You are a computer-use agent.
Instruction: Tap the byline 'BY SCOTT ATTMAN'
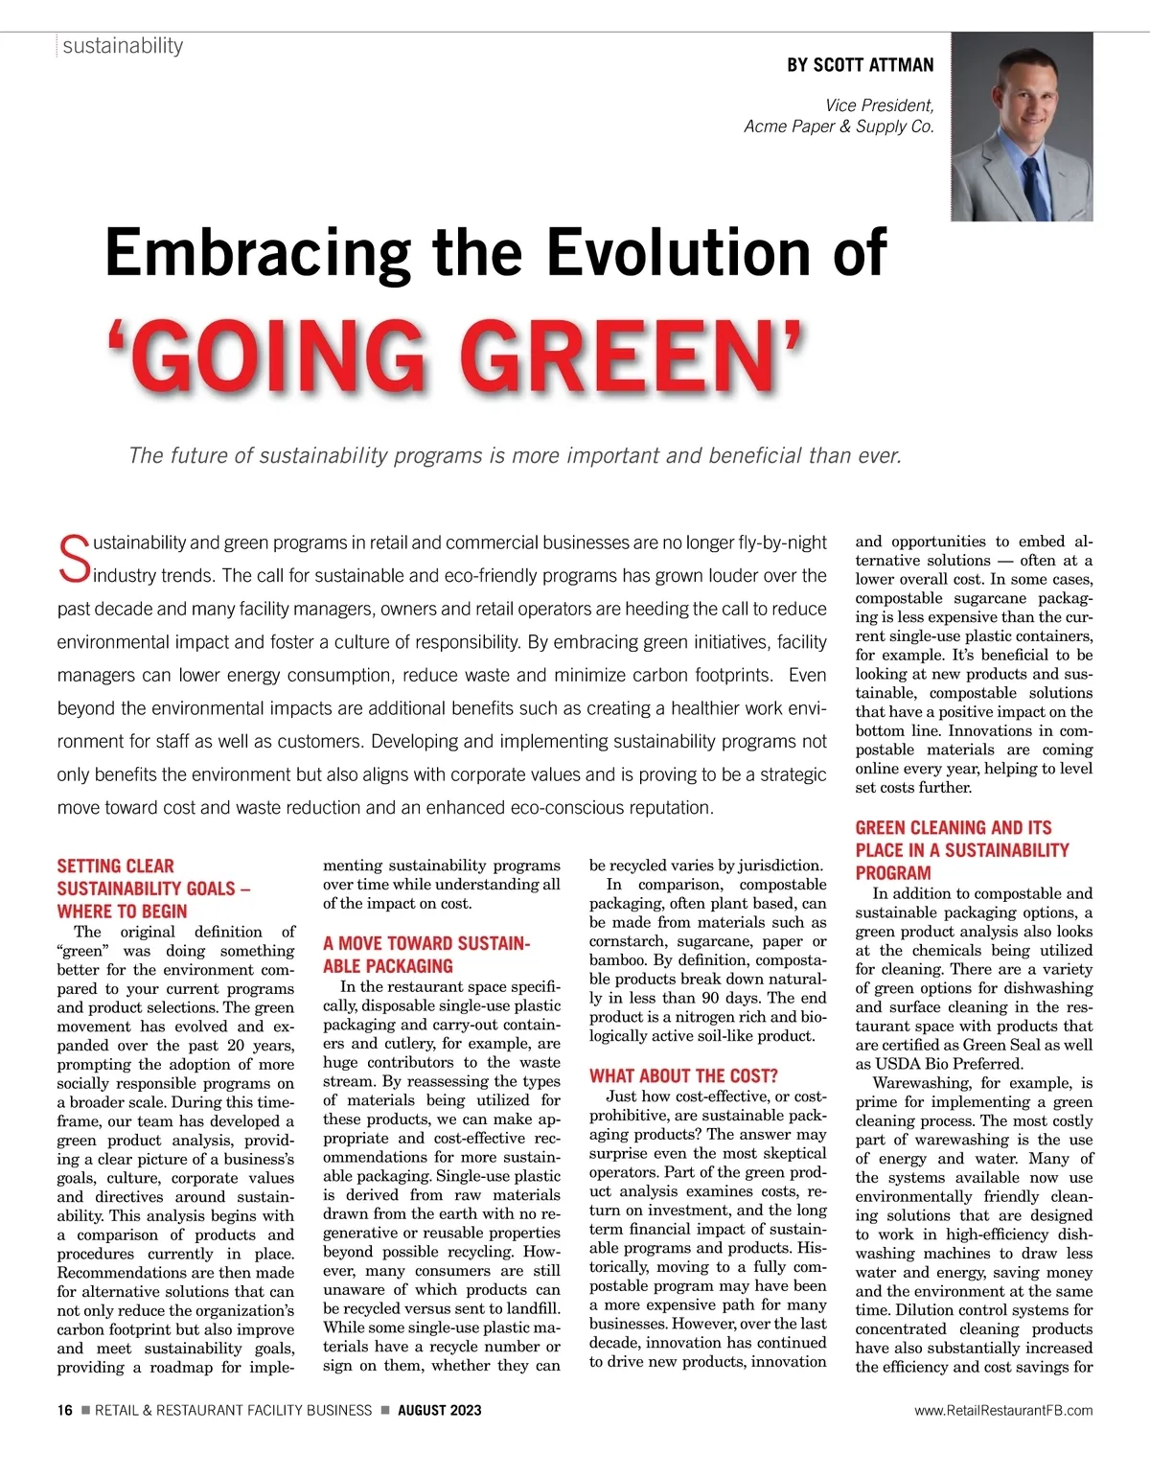pyautogui.click(x=860, y=65)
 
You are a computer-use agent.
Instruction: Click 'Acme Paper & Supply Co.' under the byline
pyautogui.click(x=839, y=127)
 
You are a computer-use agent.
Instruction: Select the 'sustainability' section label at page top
pyautogui.click(x=123, y=46)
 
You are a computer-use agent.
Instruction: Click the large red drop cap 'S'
pyautogui.click(x=73, y=560)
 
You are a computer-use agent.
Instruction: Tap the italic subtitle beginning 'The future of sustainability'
pyautogui.click(x=515, y=455)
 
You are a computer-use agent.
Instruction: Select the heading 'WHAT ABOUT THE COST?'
pyautogui.click(x=683, y=1075)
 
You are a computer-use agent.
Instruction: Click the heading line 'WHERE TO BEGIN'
pyautogui.click(x=122, y=912)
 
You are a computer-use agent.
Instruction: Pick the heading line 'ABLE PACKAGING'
pyautogui.click(x=387, y=966)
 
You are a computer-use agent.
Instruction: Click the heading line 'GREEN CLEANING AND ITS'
pyautogui.click(x=953, y=827)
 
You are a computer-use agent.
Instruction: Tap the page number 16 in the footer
pyautogui.click(x=64, y=1410)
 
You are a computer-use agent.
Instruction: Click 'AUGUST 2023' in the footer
pyautogui.click(x=439, y=1410)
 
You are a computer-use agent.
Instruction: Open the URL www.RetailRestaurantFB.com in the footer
pyautogui.click(x=1002, y=1410)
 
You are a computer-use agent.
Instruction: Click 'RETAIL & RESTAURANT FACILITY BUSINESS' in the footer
pyautogui.click(x=233, y=1410)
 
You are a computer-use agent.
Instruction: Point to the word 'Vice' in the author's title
pyautogui.click(x=841, y=105)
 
